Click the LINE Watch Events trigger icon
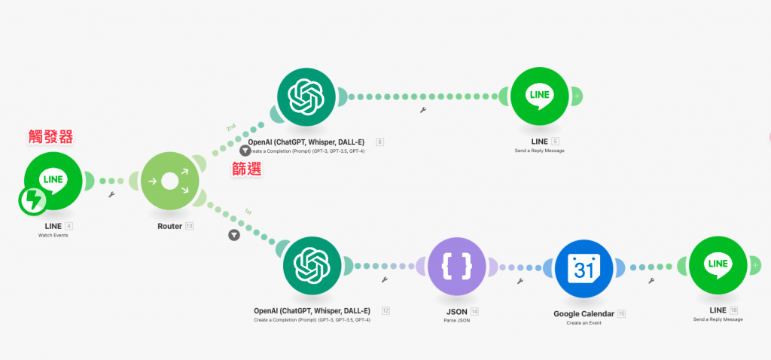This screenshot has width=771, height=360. click(x=53, y=181)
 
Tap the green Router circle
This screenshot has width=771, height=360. click(x=169, y=182)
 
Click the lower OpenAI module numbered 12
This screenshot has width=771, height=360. click(x=312, y=266)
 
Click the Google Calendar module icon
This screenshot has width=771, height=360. click(x=584, y=267)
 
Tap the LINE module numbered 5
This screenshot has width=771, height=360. click(x=539, y=96)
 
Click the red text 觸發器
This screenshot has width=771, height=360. click(x=51, y=137)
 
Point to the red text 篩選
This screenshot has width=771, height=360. click(x=245, y=169)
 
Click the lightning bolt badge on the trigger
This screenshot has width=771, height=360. click(x=34, y=201)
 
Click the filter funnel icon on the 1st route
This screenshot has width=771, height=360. click(x=234, y=234)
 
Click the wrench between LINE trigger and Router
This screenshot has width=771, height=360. click(x=112, y=194)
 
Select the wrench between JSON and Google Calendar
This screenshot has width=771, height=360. click(x=520, y=281)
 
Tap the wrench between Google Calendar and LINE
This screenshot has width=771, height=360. click(x=651, y=281)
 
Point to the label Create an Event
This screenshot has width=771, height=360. click(x=584, y=323)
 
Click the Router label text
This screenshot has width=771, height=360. click(x=169, y=226)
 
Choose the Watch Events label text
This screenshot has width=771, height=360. click(x=53, y=236)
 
